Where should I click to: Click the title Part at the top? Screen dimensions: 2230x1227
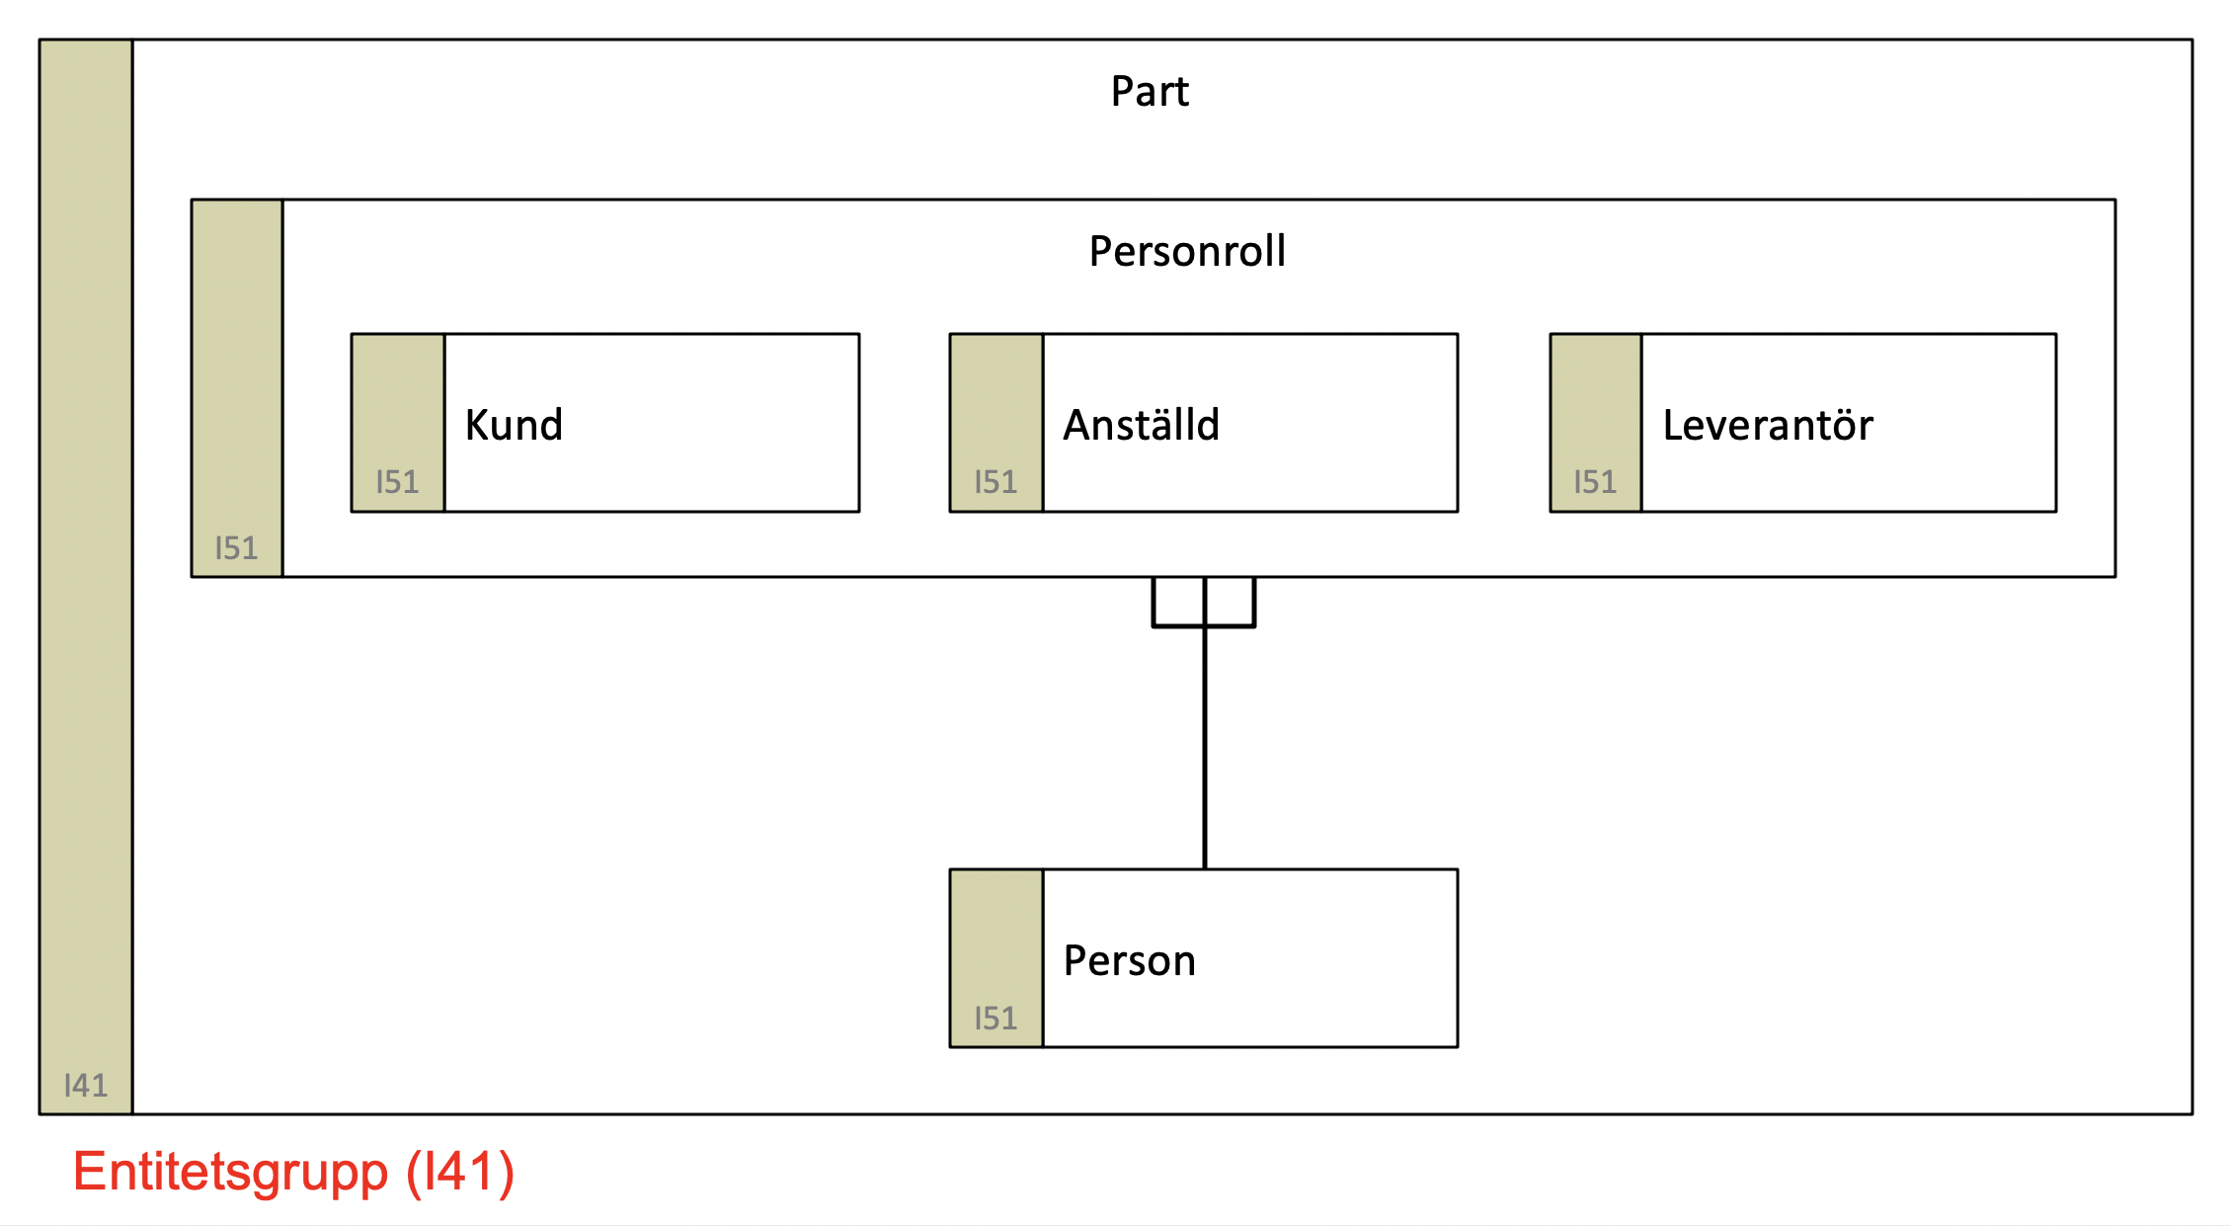(x=1150, y=91)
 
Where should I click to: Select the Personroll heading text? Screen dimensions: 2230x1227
(x=1187, y=251)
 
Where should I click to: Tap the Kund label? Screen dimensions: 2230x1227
(x=514, y=425)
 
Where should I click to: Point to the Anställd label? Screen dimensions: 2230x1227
(x=1141, y=424)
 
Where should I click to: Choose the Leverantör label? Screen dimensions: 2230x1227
(x=1768, y=424)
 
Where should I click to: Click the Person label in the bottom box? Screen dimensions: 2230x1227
(x=1129, y=960)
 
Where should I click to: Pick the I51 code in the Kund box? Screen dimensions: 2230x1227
(x=397, y=482)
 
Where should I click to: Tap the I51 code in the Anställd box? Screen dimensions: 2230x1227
(x=996, y=482)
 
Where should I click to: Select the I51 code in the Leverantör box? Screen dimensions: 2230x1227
(x=1595, y=482)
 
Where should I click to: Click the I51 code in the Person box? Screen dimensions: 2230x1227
(x=996, y=1019)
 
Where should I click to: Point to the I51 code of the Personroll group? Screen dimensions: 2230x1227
(x=236, y=548)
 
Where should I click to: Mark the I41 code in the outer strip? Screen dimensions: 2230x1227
(x=85, y=1086)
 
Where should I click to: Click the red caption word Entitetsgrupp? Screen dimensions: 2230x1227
(x=231, y=1173)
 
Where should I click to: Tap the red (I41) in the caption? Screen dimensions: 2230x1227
(x=461, y=1173)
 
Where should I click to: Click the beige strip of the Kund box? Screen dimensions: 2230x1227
(x=398, y=423)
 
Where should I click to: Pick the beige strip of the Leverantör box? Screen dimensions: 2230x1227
(x=1596, y=423)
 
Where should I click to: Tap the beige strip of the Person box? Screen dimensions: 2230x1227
(x=996, y=958)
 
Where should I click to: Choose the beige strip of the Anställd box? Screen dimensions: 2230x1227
(x=996, y=423)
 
